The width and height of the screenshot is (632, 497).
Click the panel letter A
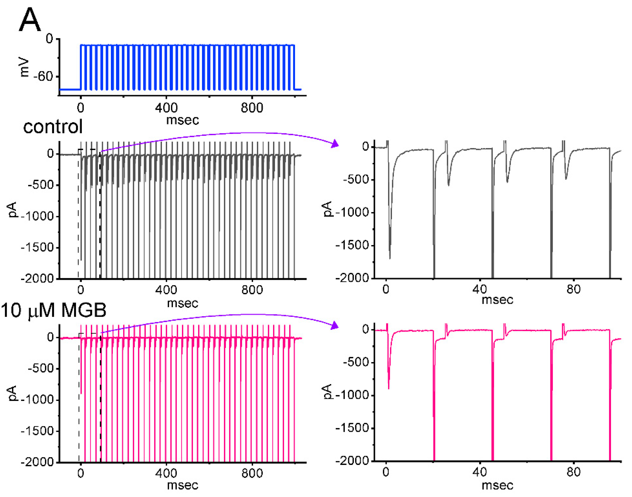pos(30,20)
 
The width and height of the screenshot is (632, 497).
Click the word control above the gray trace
pos(53,127)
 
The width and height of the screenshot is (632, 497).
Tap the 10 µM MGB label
pos(54,310)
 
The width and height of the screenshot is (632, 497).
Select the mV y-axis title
pos(24,68)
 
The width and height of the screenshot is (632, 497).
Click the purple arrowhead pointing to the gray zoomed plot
pos(336,144)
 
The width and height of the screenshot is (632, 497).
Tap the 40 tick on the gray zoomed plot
pos(479,289)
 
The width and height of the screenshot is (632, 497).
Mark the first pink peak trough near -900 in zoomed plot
pos(389,388)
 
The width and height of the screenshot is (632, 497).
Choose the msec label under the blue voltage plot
pos(182,120)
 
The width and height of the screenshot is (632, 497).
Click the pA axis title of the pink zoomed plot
pos(327,391)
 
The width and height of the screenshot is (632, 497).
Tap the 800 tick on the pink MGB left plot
pos(252,473)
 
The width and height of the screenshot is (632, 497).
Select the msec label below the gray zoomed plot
pos(498,300)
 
